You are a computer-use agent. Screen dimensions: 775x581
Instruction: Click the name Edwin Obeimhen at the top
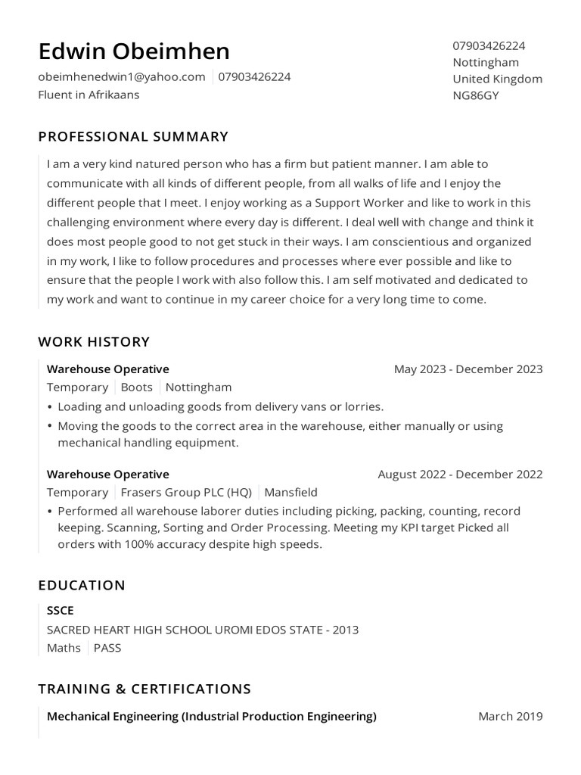point(134,51)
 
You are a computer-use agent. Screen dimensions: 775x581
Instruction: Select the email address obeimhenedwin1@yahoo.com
point(122,76)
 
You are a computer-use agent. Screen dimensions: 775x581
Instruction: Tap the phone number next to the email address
point(254,76)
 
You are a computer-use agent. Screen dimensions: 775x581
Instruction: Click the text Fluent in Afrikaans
point(89,95)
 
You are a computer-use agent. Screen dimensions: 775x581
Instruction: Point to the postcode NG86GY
point(475,95)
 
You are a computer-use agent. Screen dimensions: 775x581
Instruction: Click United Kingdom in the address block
point(497,79)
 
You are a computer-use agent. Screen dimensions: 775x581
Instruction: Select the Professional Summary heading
point(133,137)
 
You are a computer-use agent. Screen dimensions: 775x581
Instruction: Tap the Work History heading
point(94,342)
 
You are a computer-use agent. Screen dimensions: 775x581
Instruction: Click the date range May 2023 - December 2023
point(468,369)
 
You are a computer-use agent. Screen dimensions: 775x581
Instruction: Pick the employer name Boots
point(137,387)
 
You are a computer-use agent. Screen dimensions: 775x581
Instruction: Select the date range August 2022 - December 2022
point(460,475)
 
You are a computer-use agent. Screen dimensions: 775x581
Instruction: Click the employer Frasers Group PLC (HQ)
point(186,493)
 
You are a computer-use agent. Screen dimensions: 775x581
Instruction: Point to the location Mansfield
point(290,493)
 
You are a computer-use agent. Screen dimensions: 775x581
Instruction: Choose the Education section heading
point(82,586)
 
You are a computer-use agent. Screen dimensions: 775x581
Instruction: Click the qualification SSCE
point(61,611)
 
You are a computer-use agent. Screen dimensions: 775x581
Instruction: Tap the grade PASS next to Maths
point(107,648)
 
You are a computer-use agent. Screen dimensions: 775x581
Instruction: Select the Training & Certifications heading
point(144,689)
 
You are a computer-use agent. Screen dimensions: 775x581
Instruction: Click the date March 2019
point(510,717)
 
